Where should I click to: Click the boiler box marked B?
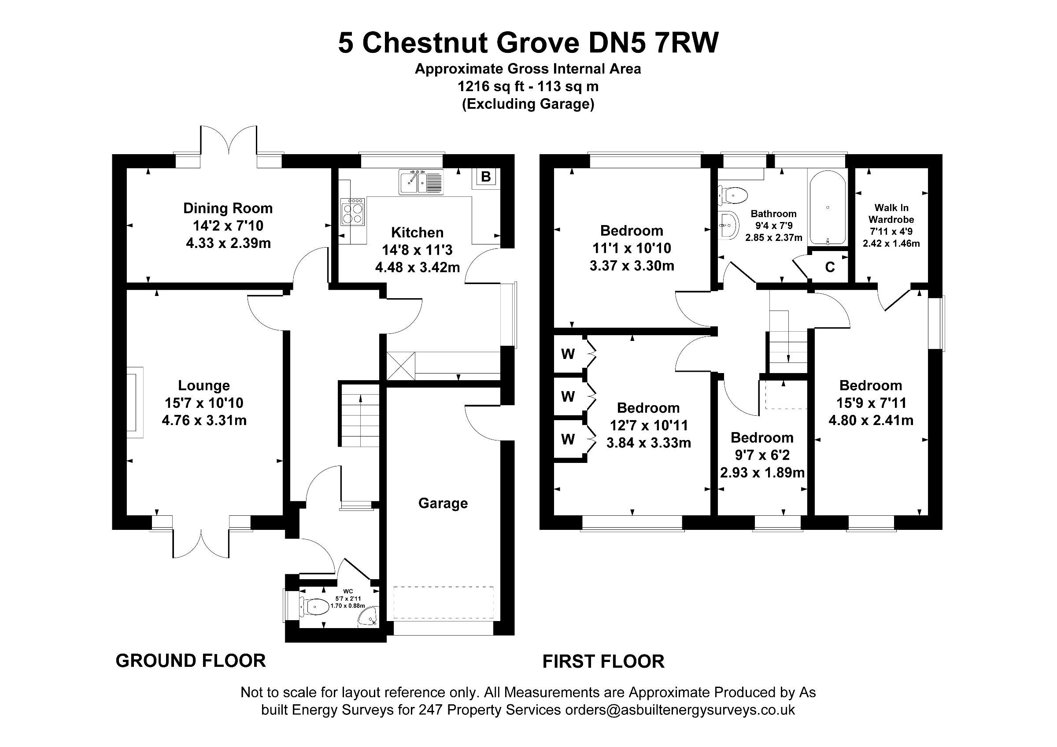pyautogui.click(x=485, y=177)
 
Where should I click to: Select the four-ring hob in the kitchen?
pyautogui.click(x=353, y=212)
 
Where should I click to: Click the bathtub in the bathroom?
pyautogui.click(x=827, y=208)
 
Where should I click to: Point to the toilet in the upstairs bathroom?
pyautogui.click(x=732, y=196)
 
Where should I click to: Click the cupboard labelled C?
pyautogui.click(x=830, y=267)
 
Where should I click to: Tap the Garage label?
pyautogui.click(x=443, y=503)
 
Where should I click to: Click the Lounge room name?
pyautogui.click(x=204, y=386)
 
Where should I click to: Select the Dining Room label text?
pyautogui.click(x=228, y=208)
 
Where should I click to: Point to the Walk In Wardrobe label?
pyautogui.click(x=891, y=214)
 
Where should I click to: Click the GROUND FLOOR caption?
pyautogui.click(x=191, y=661)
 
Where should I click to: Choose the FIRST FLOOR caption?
pyautogui.click(x=603, y=662)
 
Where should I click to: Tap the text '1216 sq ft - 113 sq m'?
pyautogui.click(x=528, y=86)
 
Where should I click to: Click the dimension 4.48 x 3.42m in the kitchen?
pyautogui.click(x=418, y=267)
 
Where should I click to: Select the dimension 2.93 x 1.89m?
pyautogui.click(x=762, y=473)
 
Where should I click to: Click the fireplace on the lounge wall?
pyautogui.click(x=135, y=402)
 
